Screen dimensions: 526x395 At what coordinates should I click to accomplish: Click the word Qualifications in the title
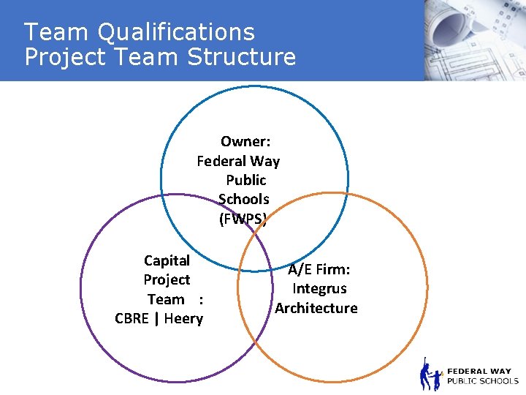pyautogui.click(x=175, y=33)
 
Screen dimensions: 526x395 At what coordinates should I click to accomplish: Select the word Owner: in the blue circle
pyautogui.click(x=245, y=141)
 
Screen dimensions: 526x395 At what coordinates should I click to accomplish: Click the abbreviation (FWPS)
pyautogui.click(x=243, y=218)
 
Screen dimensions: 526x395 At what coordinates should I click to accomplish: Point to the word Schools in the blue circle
pyautogui.click(x=244, y=199)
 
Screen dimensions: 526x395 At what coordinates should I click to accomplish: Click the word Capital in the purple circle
pyautogui.click(x=167, y=260)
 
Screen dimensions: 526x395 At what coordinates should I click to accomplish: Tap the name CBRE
pyautogui.click(x=131, y=318)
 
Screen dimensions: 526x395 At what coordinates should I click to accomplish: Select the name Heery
pyautogui.click(x=183, y=318)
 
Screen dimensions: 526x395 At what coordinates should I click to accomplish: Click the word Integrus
pyautogui.click(x=319, y=289)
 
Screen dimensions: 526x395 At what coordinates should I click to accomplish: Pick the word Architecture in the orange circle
pyautogui.click(x=316, y=308)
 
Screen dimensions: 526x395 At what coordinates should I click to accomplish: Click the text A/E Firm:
pyautogui.click(x=319, y=270)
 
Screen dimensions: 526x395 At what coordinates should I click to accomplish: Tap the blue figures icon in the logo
pyautogui.click(x=430, y=375)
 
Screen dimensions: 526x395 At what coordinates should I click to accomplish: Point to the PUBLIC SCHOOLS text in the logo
pyautogui.click(x=482, y=381)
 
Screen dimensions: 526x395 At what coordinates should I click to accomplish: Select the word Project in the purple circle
pyautogui.click(x=167, y=279)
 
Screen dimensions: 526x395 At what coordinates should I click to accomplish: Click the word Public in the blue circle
pyautogui.click(x=246, y=180)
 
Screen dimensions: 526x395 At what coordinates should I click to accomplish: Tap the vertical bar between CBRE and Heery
pyautogui.click(x=156, y=318)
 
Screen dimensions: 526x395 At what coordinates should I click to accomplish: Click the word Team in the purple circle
pyautogui.click(x=166, y=299)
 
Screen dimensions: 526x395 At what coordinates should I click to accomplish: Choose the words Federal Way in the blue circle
pyautogui.click(x=238, y=161)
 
